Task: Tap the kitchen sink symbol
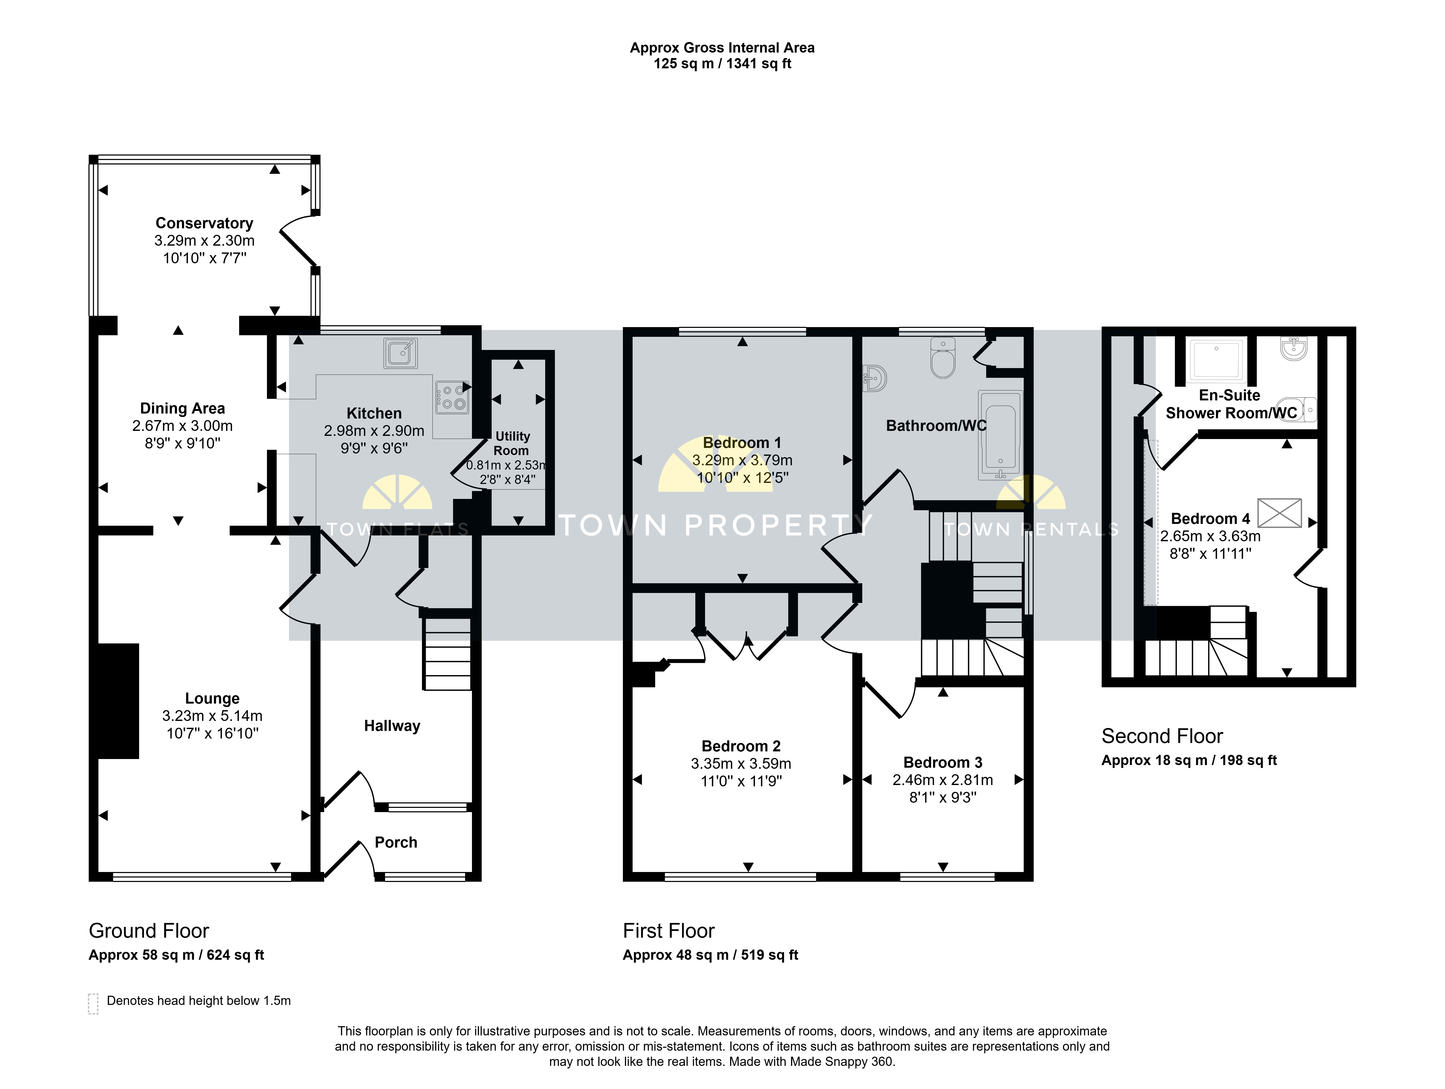[x=401, y=353]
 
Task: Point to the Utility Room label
[x=512, y=443]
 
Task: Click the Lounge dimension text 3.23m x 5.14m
[x=212, y=716]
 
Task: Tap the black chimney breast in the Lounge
[x=118, y=701]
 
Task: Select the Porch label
[x=396, y=843]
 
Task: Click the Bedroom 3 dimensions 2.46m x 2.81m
[x=943, y=780]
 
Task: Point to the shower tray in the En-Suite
[x=1216, y=359]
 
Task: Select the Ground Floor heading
[x=149, y=931]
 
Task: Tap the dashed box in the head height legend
[x=93, y=1003]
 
